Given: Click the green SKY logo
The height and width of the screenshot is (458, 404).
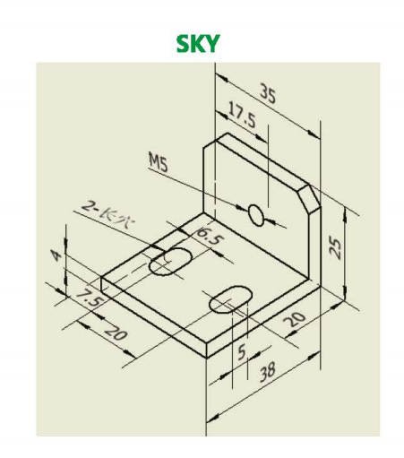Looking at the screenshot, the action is coord(198,44).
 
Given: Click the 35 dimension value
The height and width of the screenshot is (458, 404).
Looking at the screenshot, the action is coord(268,93).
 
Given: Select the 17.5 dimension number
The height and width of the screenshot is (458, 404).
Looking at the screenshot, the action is coord(242,115).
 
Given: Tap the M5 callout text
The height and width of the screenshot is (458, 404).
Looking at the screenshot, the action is coord(159,162).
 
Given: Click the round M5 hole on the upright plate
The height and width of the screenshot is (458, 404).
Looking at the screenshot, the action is coord(256,215).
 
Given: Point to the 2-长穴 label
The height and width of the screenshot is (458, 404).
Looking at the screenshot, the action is coord(108,214).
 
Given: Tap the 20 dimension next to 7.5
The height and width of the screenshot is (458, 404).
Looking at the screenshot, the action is coord(116,332).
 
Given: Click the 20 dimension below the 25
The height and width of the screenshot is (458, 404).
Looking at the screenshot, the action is coord(295,319).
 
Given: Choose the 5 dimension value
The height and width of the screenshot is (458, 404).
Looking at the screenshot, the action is coord(241,351).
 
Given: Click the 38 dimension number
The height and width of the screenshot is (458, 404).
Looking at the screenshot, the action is coord(267,372).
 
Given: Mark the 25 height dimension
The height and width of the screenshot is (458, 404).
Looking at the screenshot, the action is coord(336,247).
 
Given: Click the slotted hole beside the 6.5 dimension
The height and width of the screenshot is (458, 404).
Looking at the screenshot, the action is coord(170,262).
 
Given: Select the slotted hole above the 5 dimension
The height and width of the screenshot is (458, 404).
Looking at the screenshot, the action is coord(230,299).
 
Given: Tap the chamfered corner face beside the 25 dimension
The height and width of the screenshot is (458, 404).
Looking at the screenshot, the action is coord(309,199).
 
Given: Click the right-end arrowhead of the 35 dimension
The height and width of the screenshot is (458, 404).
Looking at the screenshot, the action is coord(314,134).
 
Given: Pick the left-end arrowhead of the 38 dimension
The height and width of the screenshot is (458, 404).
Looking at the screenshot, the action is coord(213,418).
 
